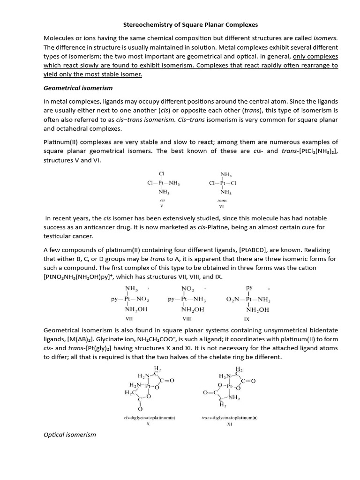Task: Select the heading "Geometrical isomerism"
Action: tap(78, 88)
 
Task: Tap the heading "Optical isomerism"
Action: tap(69, 435)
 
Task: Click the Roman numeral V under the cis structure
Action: tap(162, 205)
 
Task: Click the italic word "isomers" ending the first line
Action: tap(325, 38)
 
